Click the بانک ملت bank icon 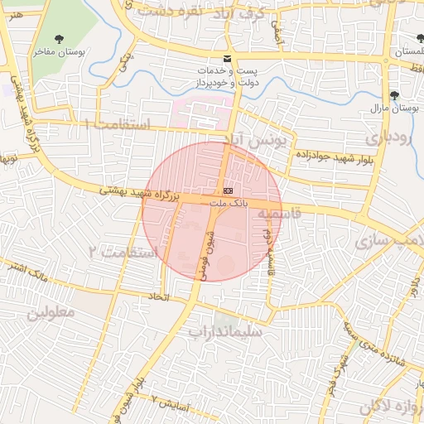[x=229, y=190]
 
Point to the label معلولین [x=51, y=313]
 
